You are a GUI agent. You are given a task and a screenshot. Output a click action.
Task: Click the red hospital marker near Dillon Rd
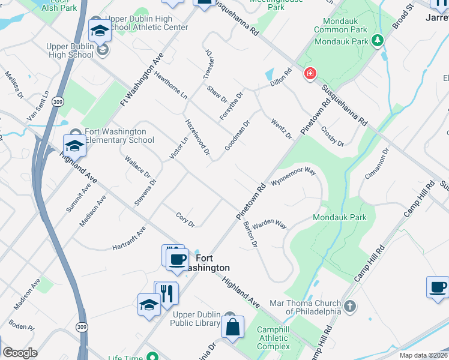tap(310, 74)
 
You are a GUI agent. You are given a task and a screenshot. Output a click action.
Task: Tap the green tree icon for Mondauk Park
tap(377, 41)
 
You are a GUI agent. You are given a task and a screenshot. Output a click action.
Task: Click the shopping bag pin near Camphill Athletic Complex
tap(232, 328)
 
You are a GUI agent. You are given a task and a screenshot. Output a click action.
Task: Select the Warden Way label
tap(269, 224)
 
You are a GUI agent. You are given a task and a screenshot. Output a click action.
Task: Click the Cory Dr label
tap(185, 220)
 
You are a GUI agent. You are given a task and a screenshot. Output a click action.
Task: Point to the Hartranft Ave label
tap(129, 239)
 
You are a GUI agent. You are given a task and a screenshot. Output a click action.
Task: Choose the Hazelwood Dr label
tap(197, 137)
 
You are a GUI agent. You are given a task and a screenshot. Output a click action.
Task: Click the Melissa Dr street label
tap(14, 85)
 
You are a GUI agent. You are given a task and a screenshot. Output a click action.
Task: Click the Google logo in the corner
tap(20, 353)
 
